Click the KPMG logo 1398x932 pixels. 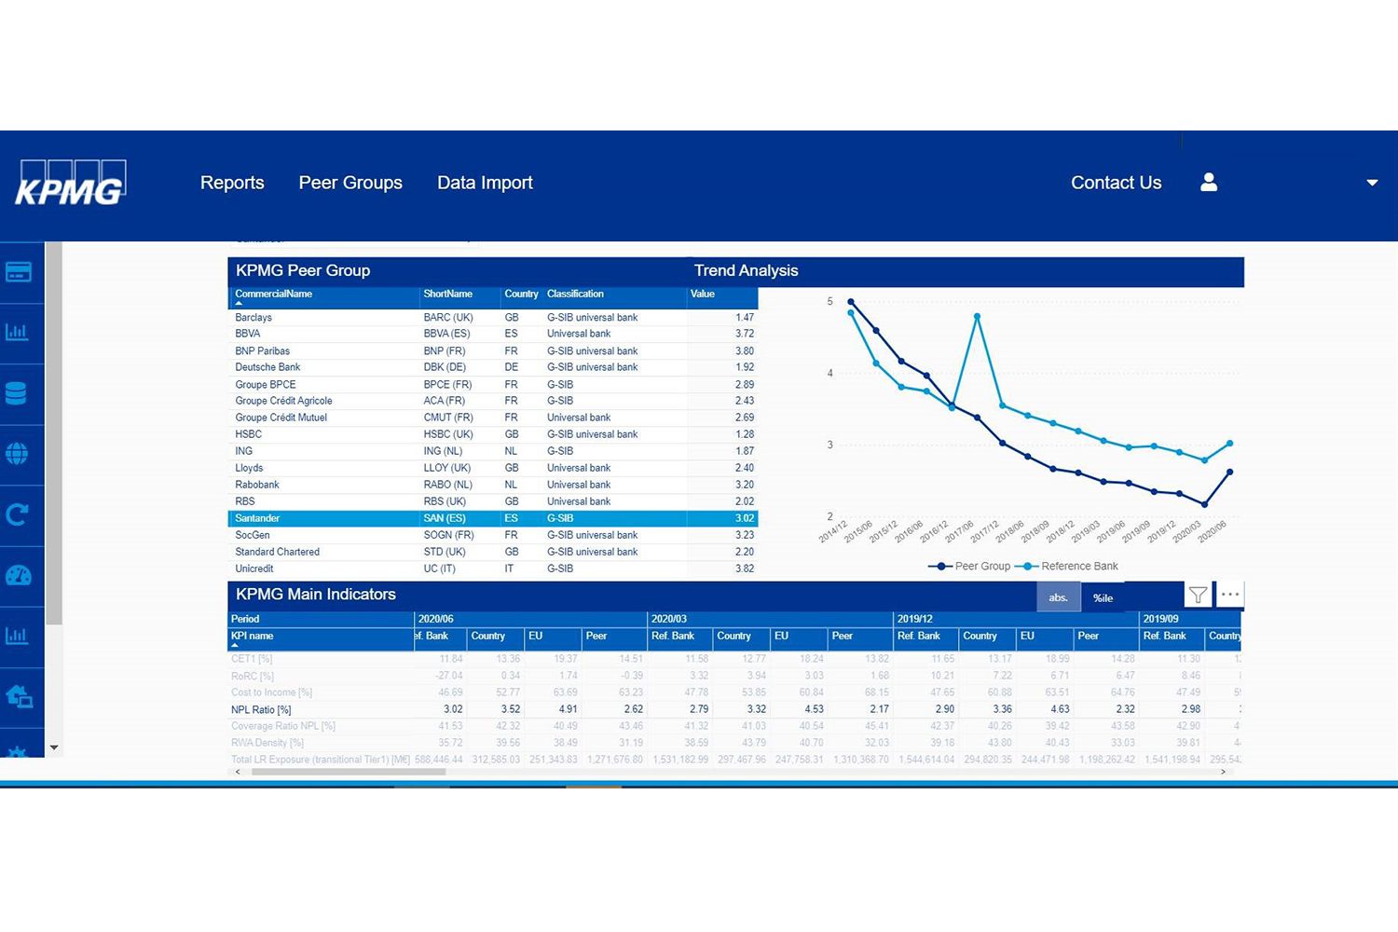click(70, 184)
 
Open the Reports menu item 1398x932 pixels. click(232, 183)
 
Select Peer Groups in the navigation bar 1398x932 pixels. click(350, 183)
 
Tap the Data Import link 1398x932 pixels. click(485, 183)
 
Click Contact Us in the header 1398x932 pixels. click(1116, 183)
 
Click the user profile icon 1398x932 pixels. click(1209, 183)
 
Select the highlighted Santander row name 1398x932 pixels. click(257, 518)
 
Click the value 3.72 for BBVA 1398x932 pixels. click(744, 334)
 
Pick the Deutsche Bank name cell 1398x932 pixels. click(267, 367)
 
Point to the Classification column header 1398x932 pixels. click(575, 294)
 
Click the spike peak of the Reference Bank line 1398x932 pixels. click(977, 317)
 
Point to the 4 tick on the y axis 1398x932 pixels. click(830, 373)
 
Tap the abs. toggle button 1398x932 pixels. click(1058, 597)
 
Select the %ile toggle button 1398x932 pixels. click(1103, 597)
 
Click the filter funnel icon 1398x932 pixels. click(1198, 595)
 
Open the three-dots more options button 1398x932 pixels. click(1230, 595)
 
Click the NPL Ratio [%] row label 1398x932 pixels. click(261, 709)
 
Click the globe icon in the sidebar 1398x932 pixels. click(17, 454)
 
